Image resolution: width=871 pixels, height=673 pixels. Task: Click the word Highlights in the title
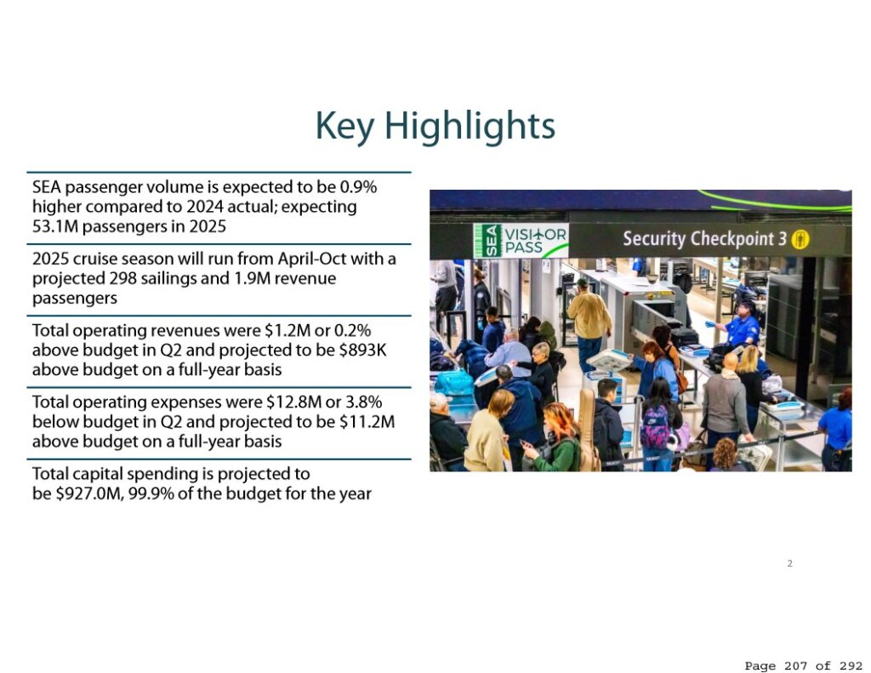(470, 127)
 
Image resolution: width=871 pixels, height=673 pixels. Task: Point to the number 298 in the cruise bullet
(122, 278)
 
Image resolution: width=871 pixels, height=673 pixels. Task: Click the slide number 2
(790, 563)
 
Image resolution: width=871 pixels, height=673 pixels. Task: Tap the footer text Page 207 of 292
(803, 665)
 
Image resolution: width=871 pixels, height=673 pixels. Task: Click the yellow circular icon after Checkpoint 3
(800, 240)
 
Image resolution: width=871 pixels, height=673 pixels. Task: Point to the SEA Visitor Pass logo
(521, 241)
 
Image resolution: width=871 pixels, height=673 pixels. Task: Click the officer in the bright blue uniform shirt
(741, 328)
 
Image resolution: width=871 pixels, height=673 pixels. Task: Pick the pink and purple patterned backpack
(656, 427)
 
